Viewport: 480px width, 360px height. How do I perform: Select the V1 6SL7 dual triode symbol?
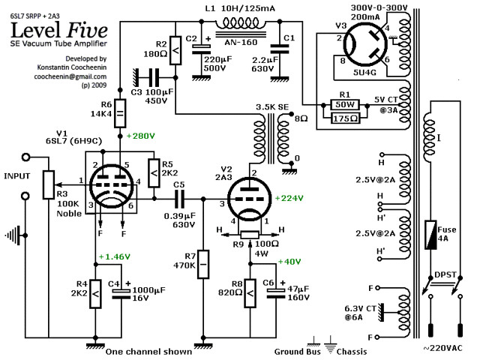[112, 186]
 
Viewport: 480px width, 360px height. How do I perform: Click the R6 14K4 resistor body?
[120, 113]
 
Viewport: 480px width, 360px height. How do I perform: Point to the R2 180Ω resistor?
[175, 50]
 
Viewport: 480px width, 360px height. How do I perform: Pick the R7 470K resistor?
[203, 264]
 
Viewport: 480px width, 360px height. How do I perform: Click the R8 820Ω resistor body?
[250, 293]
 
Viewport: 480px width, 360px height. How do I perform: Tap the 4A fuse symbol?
[430, 234]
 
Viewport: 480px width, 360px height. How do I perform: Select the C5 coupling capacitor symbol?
[179, 199]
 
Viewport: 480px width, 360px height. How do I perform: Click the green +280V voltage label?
[141, 136]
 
